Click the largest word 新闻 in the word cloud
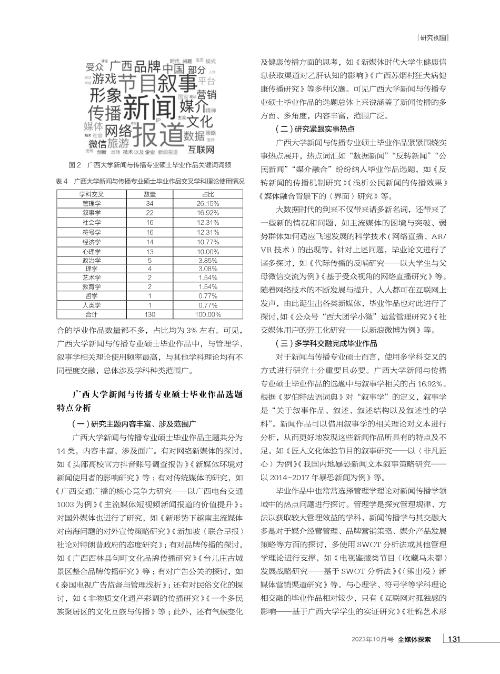pyautogui.click(x=148, y=108)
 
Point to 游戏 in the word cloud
pyautogui.click(x=104, y=79)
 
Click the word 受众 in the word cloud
pyautogui.click(x=95, y=67)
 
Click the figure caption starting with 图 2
pyautogui.click(x=150, y=165)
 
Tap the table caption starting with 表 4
pyautogui.click(x=150, y=181)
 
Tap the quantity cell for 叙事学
pyautogui.click(x=149, y=213)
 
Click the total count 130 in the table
pyautogui.click(x=149, y=314)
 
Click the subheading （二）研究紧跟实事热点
pyautogui.click(x=315, y=128)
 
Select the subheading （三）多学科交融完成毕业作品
pyautogui.click(x=326, y=343)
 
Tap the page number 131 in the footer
pyautogui.click(x=454, y=639)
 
